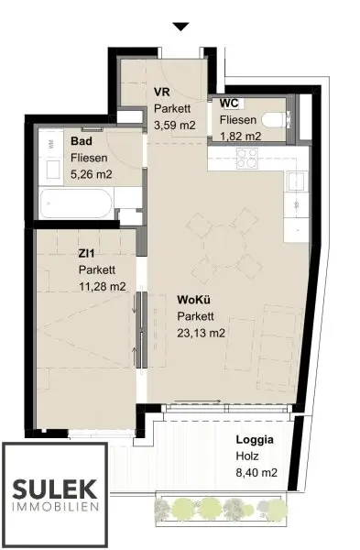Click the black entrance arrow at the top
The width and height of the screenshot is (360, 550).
[x=180, y=27]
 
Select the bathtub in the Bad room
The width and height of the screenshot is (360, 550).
[x=76, y=203]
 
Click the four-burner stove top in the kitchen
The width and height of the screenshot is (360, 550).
[x=246, y=159]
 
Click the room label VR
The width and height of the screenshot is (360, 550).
[x=162, y=92]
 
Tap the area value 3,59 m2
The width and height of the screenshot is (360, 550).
[x=175, y=125]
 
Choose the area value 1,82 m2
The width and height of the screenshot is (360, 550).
[x=240, y=136]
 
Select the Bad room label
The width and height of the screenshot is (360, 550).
[x=82, y=141]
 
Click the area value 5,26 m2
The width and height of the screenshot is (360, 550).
[x=92, y=174]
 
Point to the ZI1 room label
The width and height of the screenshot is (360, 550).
[x=87, y=253]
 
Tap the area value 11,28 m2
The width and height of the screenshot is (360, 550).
[x=102, y=286]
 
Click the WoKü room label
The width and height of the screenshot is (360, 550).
[x=193, y=300]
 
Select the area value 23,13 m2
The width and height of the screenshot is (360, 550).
[x=201, y=333]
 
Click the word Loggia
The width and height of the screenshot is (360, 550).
[x=255, y=439]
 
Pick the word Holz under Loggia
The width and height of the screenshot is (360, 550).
[x=247, y=456]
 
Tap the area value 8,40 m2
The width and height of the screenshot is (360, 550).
[x=256, y=472]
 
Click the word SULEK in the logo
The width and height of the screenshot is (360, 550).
[x=55, y=489]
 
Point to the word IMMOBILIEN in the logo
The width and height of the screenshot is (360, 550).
[x=55, y=507]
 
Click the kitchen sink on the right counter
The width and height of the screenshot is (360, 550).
[x=296, y=181]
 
